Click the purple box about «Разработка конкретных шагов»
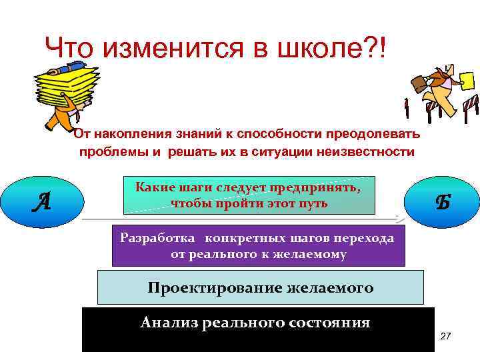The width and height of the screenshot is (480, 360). point(257,245)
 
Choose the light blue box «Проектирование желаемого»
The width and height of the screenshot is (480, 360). point(261,287)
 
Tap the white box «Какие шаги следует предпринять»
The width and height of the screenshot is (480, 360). point(249,195)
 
